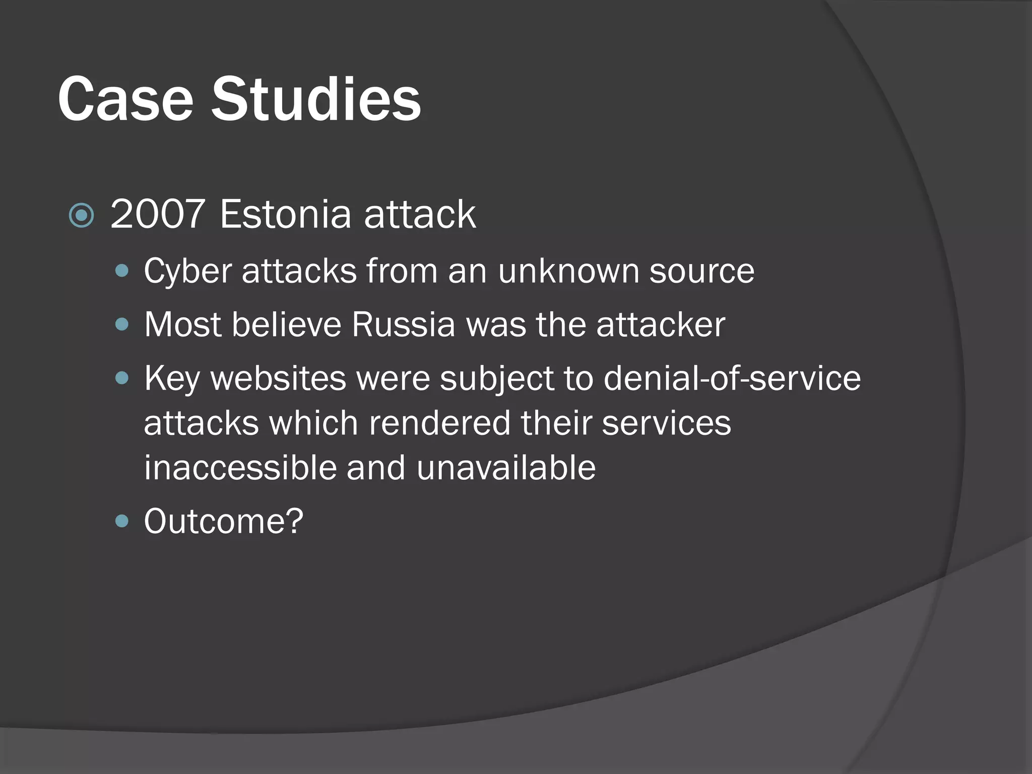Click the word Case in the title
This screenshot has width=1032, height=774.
click(125, 99)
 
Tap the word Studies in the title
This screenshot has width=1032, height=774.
click(315, 99)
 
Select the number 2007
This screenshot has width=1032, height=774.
click(157, 214)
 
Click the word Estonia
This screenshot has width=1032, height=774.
click(285, 214)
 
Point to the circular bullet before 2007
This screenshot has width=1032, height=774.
click(81, 216)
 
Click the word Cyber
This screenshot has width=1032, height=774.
click(187, 272)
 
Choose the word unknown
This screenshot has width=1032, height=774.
click(568, 272)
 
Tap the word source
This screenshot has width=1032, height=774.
click(701, 272)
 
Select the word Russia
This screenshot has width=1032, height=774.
click(404, 325)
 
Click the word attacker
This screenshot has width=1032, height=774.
click(661, 325)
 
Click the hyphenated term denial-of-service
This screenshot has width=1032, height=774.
click(732, 378)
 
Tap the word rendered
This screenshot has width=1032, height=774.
click(439, 423)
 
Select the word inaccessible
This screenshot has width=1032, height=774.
click(239, 468)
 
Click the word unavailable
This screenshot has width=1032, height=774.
click(506, 468)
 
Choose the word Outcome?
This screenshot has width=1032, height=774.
click(224, 521)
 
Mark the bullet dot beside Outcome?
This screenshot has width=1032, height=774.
click(122, 521)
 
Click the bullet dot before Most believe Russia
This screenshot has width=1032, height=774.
click(122, 325)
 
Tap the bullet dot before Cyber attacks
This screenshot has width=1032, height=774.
click(122, 272)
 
